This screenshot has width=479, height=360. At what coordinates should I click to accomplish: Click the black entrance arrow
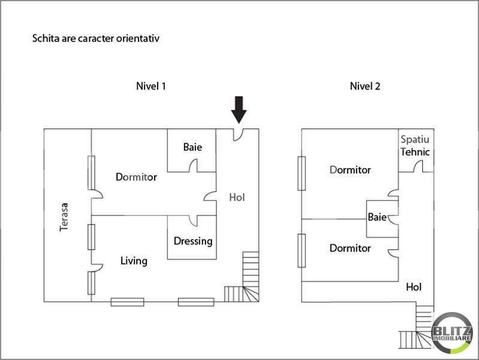tap(239, 110)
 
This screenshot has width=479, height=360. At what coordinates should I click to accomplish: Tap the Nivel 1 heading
tap(150, 86)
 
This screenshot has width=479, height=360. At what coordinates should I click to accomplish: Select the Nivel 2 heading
tap(365, 86)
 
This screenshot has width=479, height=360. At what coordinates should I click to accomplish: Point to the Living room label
tap(134, 261)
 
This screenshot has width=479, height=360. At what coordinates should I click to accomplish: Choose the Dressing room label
tap(193, 241)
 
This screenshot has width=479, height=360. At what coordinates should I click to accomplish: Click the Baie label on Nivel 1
tap(192, 147)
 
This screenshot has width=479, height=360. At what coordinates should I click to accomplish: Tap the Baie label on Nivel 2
tap(377, 217)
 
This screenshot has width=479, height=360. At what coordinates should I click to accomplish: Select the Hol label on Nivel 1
tap(237, 197)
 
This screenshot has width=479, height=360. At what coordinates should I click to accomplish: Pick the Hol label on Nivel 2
tap(414, 287)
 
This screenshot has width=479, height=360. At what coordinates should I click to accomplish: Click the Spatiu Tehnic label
tap(415, 145)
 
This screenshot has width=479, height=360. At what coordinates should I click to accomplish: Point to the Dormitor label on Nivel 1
tap(136, 177)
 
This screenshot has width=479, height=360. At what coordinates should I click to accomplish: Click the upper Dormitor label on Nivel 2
tap(350, 170)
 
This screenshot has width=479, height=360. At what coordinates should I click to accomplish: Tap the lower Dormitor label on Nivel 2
tap(350, 248)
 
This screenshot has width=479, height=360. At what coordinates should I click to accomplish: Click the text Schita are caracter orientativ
tap(95, 38)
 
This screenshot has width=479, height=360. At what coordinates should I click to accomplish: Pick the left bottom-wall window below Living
tap(127, 302)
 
